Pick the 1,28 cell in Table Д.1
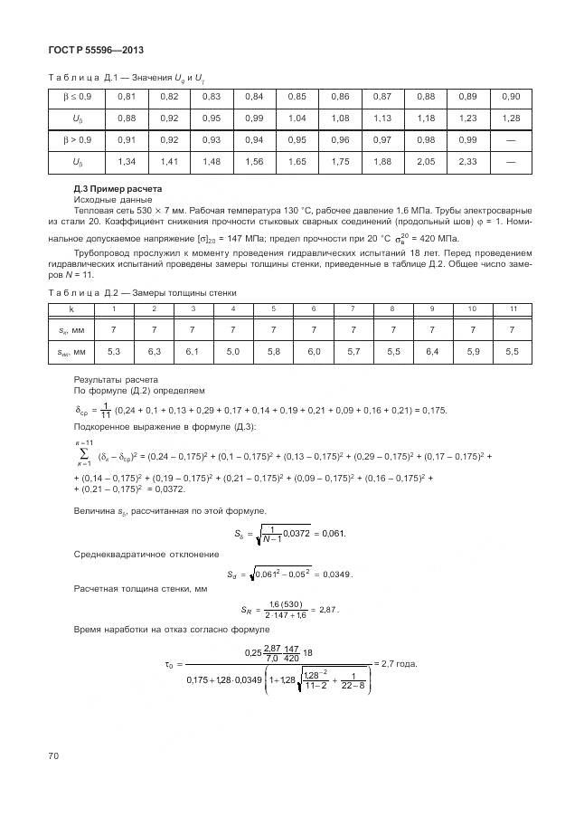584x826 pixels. (x=511, y=119)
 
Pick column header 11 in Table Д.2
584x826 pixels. (x=513, y=309)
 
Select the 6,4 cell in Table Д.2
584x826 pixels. (x=432, y=350)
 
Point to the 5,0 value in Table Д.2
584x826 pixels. (x=233, y=350)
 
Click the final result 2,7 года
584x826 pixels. (x=399, y=663)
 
